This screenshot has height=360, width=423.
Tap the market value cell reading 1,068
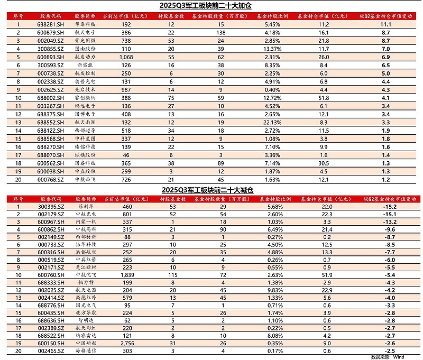(126, 56)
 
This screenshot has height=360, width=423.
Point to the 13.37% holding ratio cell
(271, 48)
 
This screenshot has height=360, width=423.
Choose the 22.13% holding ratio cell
(271, 122)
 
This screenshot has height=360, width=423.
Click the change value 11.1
(385, 24)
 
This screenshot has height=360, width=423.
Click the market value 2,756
(126, 344)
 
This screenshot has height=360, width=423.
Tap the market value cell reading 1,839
(126, 275)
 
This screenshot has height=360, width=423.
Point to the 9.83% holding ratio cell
(271, 291)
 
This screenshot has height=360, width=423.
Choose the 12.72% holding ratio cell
(271, 98)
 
